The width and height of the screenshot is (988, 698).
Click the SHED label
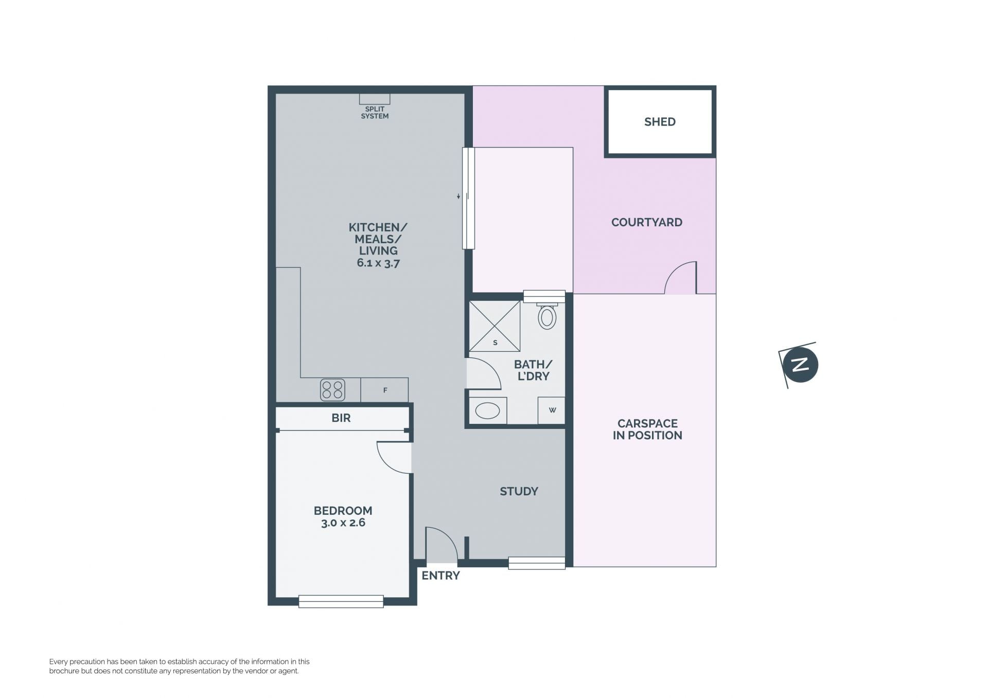pyautogui.click(x=660, y=122)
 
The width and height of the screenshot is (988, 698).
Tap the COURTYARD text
pyautogui.click(x=647, y=222)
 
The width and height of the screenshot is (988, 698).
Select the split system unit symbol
pyautogui.click(x=375, y=99)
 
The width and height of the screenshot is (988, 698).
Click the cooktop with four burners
pyautogui.click(x=332, y=390)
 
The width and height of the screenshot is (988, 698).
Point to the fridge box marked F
pyautogui.click(x=384, y=390)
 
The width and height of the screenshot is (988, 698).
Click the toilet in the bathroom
pyautogui.click(x=547, y=316)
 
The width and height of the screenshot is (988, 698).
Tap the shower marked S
pyautogui.click(x=495, y=326)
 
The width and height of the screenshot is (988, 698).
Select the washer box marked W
pyautogui.click(x=552, y=410)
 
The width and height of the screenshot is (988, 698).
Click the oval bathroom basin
pyautogui.click(x=487, y=410)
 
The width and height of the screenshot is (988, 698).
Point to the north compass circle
pyautogui.click(x=800, y=365)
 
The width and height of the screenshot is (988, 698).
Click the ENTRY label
pyautogui.click(x=440, y=576)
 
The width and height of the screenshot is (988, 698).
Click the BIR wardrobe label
pyautogui.click(x=341, y=418)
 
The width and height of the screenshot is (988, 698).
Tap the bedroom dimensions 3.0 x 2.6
pyautogui.click(x=343, y=523)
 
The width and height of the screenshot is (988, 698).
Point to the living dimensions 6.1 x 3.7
pyautogui.click(x=378, y=263)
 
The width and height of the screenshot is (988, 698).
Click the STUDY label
pyautogui.click(x=519, y=491)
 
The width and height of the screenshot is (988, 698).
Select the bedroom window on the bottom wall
pyautogui.click(x=341, y=601)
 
